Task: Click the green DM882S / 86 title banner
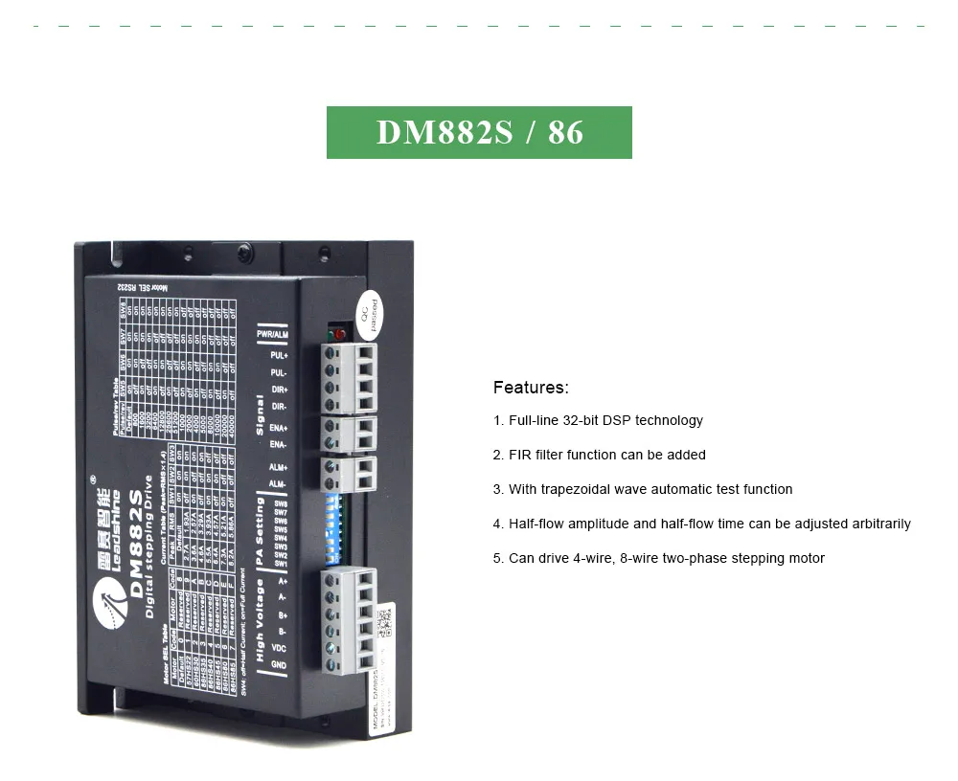point(479,132)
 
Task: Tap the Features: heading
point(531,388)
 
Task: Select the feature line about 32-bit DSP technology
point(598,420)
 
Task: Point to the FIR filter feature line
point(600,455)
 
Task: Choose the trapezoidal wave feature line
point(643,489)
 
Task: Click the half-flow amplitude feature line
point(702,524)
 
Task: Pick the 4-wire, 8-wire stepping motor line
point(659,558)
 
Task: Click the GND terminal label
point(279,664)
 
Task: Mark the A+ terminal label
point(282,580)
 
